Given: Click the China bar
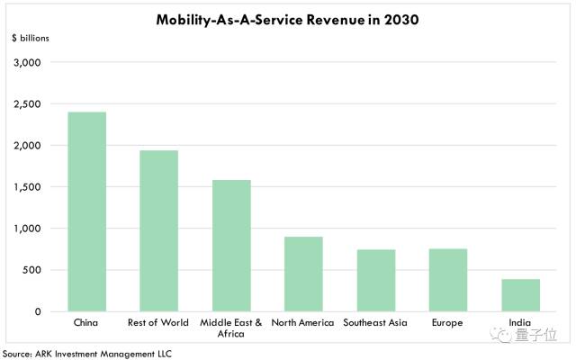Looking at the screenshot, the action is coord(87,211).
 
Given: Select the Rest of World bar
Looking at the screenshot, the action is coord(159,230).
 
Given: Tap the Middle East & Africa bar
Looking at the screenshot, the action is coord(231,246).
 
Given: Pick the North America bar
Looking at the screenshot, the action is coord(303,274).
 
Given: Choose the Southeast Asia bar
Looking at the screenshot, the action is coord(376,281).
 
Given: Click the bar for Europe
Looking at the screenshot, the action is coord(448,280).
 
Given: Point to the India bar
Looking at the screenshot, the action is coord(520,295).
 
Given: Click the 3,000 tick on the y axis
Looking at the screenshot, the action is coord(27,62).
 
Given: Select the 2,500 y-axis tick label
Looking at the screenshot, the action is coord(27,104).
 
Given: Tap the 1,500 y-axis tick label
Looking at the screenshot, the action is coord(27,187).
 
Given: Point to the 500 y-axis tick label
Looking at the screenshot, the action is coord(31,270).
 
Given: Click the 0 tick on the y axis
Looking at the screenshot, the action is coord(38,311).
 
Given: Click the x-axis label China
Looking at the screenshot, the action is coord(86,322).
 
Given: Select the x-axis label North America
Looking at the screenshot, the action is coord(302,322).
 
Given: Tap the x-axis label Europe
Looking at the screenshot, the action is coord(447,323).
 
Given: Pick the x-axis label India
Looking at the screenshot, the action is coord(520,322).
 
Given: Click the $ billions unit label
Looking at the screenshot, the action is coord(31,38).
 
